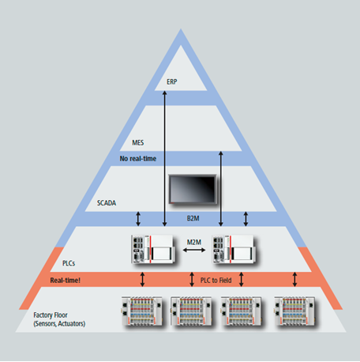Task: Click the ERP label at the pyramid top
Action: [172, 81]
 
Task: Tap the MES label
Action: [138, 142]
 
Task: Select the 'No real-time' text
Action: [138, 158]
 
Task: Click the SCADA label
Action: [107, 202]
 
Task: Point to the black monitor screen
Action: [193, 189]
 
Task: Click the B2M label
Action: [193, 218]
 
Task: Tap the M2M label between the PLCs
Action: [194, 242]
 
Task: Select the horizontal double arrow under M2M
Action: [194, 250]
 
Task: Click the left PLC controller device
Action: [153, 249]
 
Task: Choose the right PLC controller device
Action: [234, 249]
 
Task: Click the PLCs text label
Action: [69, 263]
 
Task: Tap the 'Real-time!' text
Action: [66, 280]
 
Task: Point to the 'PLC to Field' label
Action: [216, 280]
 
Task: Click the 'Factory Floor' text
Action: [51, 315]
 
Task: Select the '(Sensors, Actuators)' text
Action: [59, 323]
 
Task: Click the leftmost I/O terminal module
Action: [142, 311]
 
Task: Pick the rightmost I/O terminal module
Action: [294, 311]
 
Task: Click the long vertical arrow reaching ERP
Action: [165, 158]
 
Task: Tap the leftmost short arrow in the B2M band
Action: [138, 219]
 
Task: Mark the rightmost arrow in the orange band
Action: [294, 279]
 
